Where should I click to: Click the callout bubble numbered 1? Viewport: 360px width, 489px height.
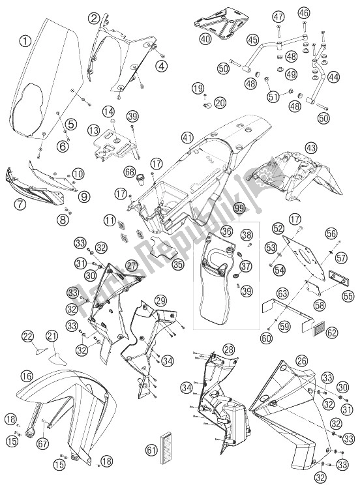point(25,41)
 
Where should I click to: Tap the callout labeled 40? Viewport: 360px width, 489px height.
point(206,38)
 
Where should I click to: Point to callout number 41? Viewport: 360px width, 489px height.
point(187,138)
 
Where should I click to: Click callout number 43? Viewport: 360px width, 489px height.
point(310,147)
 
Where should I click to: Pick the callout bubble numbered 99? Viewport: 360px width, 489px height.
point(240,209)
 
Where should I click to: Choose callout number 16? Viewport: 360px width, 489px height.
point(27,376)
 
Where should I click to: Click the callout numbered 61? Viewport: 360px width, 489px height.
point(151,450)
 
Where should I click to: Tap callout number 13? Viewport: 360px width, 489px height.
point(93,130)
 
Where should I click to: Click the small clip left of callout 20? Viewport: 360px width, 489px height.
point(206,105)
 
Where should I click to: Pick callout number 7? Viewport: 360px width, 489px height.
point(20,204)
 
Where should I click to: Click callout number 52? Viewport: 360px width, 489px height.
point(278,229)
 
